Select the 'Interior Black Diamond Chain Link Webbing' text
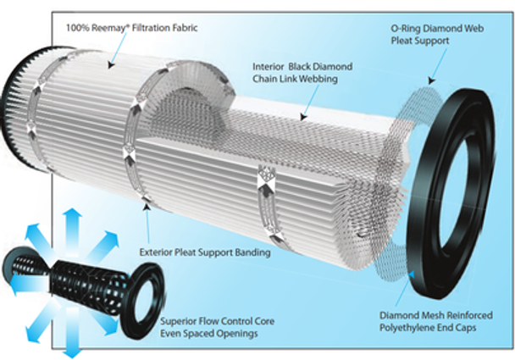coord(303,71)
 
